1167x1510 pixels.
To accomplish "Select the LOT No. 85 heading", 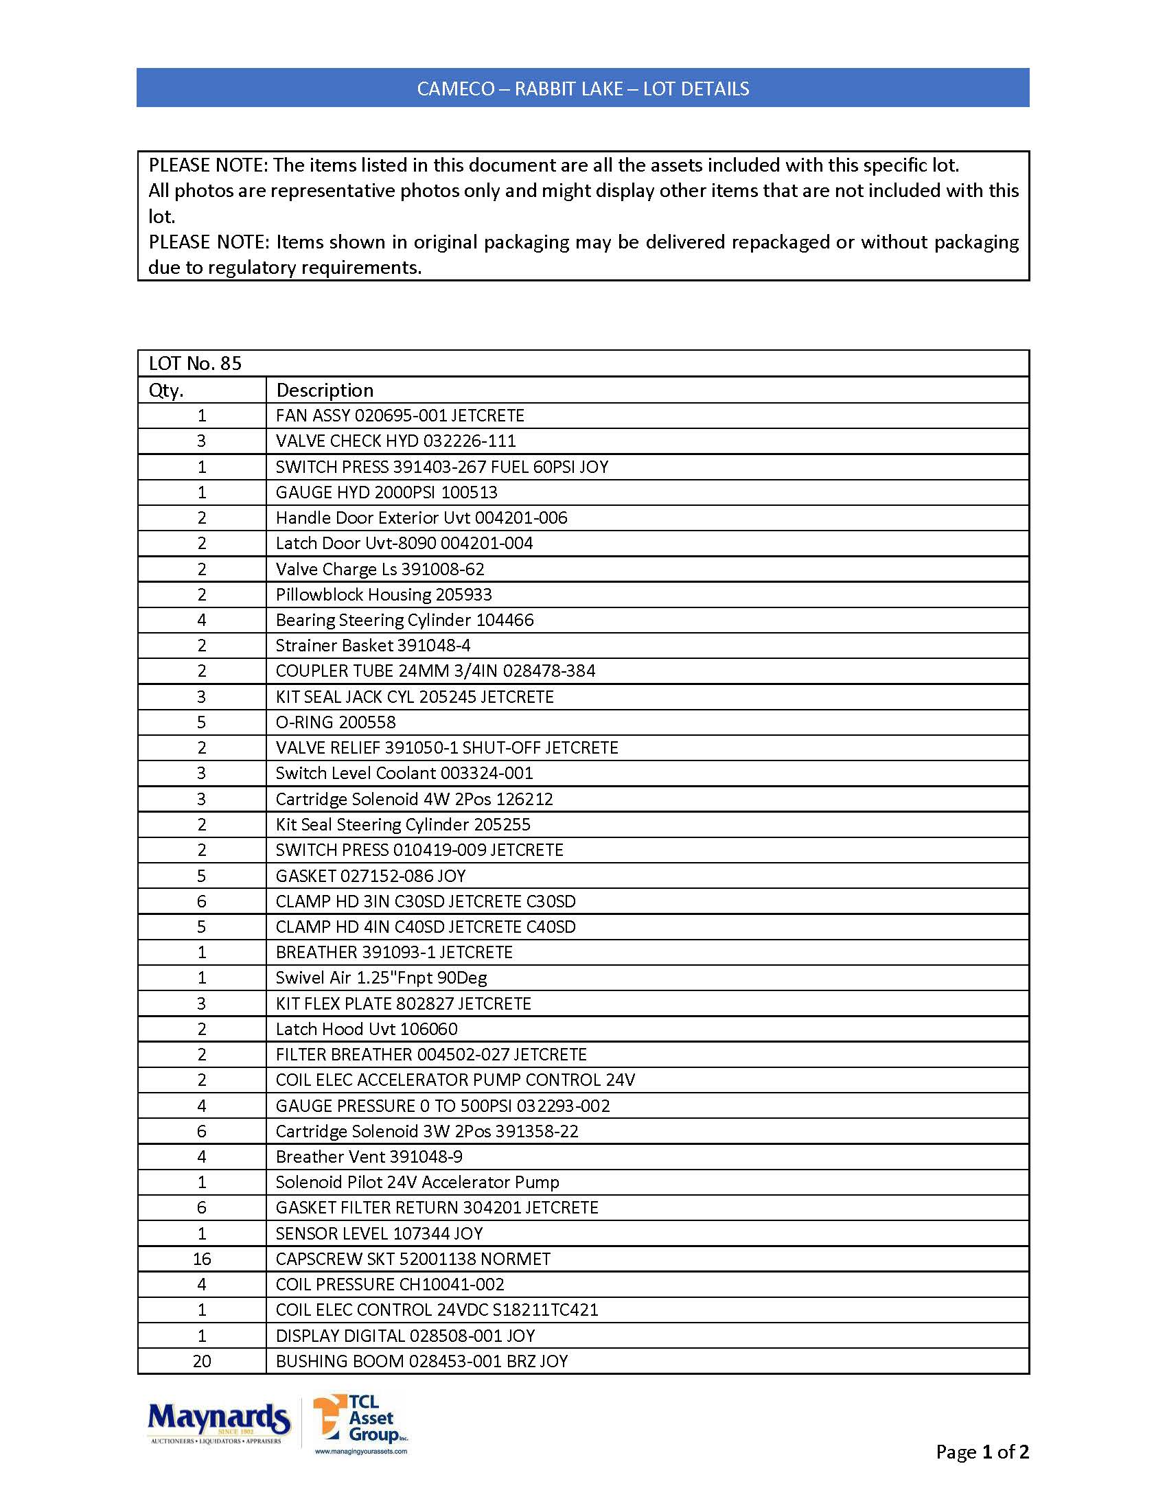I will click(x=195, y=364).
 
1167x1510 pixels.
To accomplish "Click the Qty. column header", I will click(x=166, y=390).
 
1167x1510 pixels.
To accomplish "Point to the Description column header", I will click(x=324, y=390).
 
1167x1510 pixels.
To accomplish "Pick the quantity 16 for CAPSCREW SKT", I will click(x=202, y=1259).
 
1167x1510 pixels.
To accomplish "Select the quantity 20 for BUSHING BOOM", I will click(x=202, y=1361).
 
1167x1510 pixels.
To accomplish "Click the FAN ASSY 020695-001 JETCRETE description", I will click(x=400, y=415).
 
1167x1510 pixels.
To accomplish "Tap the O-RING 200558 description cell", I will click(x=335, y=723).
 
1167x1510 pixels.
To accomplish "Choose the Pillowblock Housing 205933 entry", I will click(x=384, y=594).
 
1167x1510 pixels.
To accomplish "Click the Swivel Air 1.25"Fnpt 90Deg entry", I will click(x=381, y=977).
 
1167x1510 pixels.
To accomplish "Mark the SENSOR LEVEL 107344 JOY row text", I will click(x=379, y=1233).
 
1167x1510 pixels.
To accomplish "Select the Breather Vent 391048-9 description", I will click(x=369, y=1157).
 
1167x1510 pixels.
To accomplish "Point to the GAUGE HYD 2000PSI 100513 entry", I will click(x=386, y=492).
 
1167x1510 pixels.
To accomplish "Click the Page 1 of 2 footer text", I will click(x=982, y=1452).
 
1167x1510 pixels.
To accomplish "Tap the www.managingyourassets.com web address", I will click(x=361, y=1451).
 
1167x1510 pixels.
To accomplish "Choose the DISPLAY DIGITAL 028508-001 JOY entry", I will click(x=405, y=1336).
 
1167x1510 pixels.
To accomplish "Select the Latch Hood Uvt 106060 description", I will click(x=367, y=1029).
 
